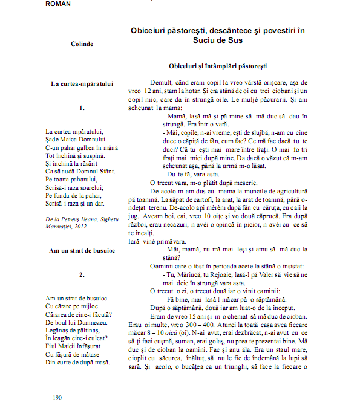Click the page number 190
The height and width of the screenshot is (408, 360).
click(x=57, y=397)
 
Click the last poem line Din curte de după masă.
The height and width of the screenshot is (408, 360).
click(x=77, y=362)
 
